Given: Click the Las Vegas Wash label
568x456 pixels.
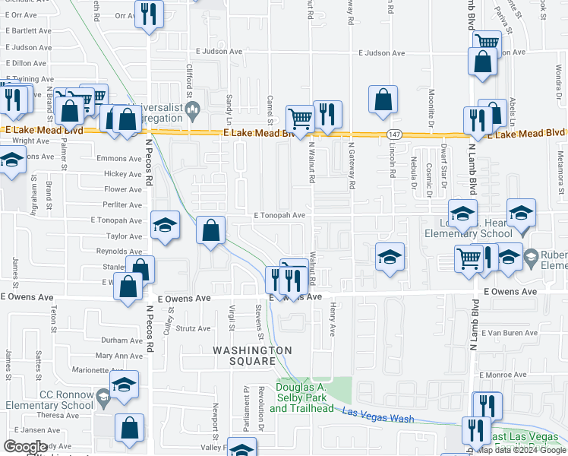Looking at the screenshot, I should point(378,414).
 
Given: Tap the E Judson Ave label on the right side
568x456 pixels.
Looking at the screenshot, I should point(382,53).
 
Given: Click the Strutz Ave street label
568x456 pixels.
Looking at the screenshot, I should point(193,328).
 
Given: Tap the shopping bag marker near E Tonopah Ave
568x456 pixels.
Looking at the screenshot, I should point(211,230).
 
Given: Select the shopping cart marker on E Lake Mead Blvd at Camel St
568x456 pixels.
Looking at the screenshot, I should point(300,118).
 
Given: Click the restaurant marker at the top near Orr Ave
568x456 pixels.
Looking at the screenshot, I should point(149,13).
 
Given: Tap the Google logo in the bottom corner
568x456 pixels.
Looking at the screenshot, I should point(26,447).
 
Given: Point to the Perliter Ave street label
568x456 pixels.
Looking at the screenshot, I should point(123,205).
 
